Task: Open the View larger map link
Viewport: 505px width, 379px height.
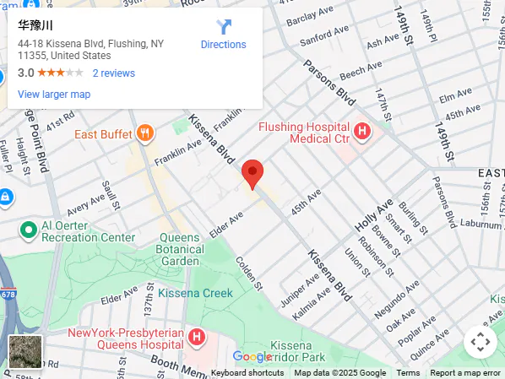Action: (54, 95)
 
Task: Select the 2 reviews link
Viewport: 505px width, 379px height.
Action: (114, 73)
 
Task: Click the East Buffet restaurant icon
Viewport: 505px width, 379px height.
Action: (146, 133)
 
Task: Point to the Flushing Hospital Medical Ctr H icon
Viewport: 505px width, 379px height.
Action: (362, 131)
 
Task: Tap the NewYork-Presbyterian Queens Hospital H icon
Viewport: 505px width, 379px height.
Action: (197, 338)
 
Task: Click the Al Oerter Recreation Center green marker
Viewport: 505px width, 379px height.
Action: (28, 230)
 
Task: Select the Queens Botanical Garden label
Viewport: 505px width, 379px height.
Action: (182, 249)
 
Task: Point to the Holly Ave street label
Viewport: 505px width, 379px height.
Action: (374, 216)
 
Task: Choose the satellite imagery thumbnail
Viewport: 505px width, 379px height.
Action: (24, 351)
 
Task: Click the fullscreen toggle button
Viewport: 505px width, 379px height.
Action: (480, 342)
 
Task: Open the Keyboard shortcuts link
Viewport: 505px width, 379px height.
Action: (247, 373)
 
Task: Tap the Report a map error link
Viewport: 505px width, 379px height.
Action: (465, 373)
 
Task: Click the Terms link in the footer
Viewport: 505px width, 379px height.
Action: (408, 373)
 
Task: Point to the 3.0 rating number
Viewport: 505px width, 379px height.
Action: (25, 73)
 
